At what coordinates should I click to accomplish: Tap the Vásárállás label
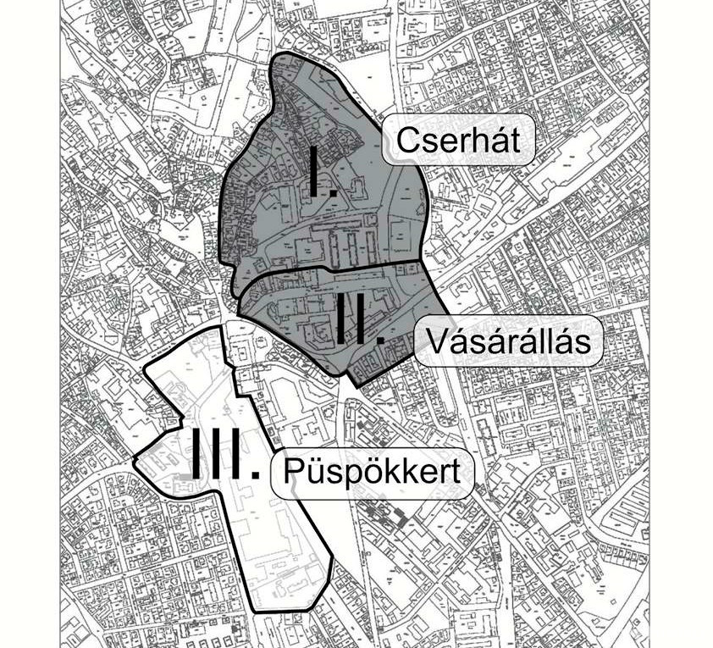(508, 341)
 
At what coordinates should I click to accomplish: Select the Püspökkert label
(372, 471)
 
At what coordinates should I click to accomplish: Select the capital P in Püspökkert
(294, 471)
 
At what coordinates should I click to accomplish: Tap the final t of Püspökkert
(456, 472)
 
